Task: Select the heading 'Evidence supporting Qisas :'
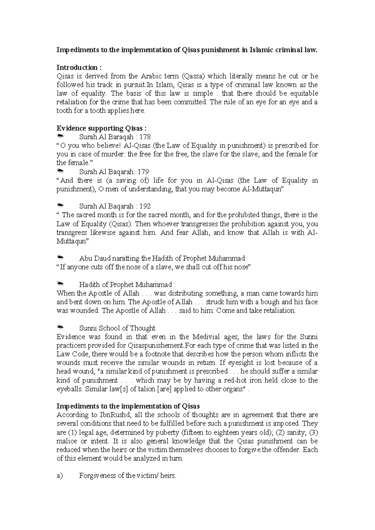101,128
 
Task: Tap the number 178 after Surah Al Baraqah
145,137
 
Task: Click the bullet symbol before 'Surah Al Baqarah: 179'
61,171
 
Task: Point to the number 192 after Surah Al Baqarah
145,206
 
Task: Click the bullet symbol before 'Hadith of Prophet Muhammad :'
61,284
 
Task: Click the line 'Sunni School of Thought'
117,328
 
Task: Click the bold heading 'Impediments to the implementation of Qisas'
128,406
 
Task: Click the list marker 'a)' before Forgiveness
59,476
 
